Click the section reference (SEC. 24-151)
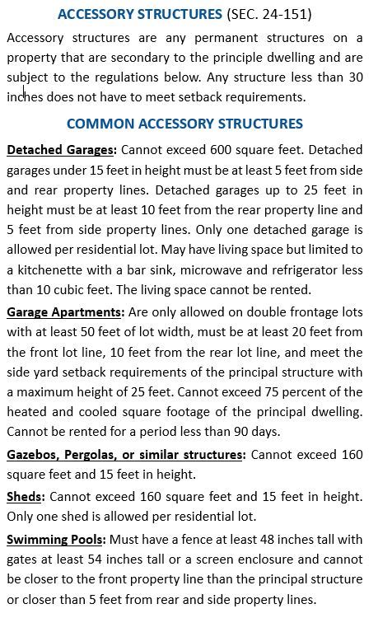268,14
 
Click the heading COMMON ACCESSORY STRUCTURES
184,124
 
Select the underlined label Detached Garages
60,150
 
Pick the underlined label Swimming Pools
54,539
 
